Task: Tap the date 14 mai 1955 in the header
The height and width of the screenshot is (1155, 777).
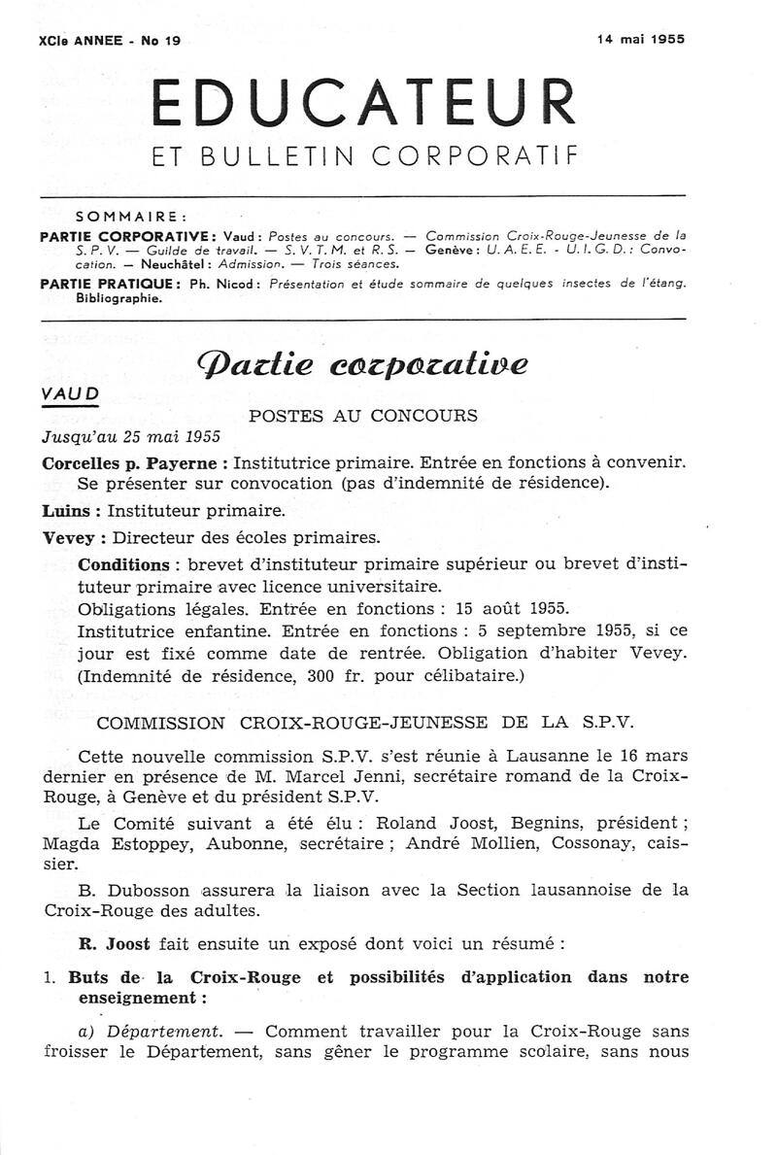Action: click(x=640, y=39)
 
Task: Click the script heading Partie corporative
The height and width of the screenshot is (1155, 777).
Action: click(x=363, y=364)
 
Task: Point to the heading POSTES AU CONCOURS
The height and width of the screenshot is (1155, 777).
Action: click(x=363, y=416)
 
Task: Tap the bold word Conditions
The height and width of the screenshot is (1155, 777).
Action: click(x=123, y=564)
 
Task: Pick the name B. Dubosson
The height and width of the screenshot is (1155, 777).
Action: click(x=122, y=889)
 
